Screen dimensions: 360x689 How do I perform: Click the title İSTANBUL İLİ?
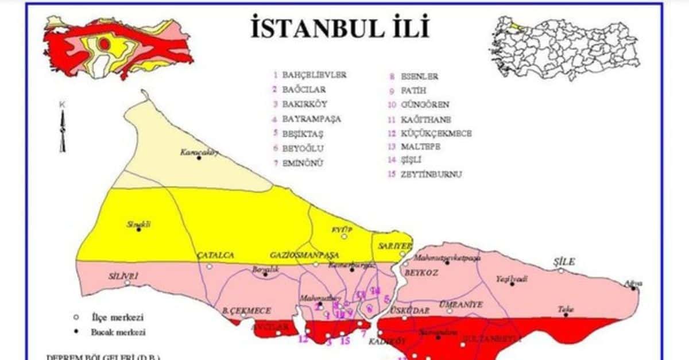pos(340,28)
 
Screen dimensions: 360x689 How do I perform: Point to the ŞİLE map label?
pos(563,261)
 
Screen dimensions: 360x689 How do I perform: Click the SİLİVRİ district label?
pos(123,276)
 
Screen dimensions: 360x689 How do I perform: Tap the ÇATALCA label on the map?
pos(215,254)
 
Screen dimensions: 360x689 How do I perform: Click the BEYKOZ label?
pos(421,273)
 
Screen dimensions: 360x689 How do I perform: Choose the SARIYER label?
pos(394,245)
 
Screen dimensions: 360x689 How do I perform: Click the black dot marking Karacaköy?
pos(199,157)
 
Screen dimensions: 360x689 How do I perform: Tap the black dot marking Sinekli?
pos(138,230)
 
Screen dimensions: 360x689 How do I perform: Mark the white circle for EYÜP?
pos(344,237)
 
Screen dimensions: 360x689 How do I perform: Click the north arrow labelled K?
pos(62,129)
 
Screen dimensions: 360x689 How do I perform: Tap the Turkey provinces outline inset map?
pos(566,49)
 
